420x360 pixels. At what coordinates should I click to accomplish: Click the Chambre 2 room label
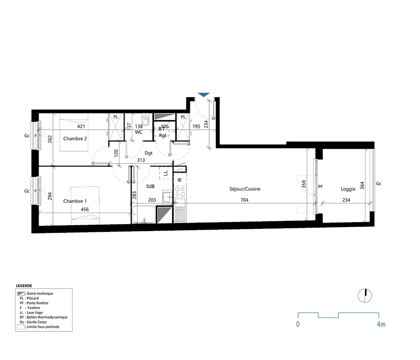point(75,138)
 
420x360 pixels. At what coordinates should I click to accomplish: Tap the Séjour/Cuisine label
point(244,189)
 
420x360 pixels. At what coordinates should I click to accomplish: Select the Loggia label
point(348,189)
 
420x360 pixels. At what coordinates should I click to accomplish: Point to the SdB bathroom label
point(150,186)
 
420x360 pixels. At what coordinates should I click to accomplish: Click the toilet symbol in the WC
point(146,121)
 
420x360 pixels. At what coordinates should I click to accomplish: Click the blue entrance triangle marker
point(204,95)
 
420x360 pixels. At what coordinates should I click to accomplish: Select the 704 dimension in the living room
point(244,200)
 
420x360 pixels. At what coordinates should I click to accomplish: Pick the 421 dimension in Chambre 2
point(81,126)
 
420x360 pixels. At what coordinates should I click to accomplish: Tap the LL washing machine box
point(165,173)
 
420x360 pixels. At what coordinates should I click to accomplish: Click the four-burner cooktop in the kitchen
point(180,192)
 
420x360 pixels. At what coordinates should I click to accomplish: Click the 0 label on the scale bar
point(298,324)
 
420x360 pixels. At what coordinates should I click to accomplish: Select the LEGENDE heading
point(24,285)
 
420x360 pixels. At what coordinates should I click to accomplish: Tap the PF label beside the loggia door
point(320,187)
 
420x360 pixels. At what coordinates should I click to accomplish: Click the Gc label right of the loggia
point(379,184)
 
